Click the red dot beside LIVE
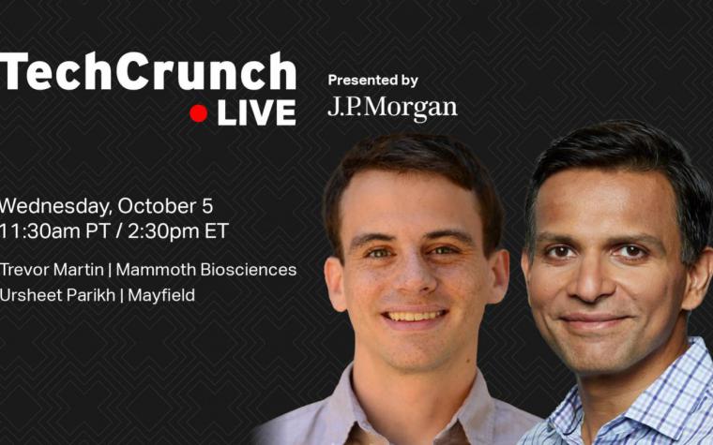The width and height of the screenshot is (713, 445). coord(198,113)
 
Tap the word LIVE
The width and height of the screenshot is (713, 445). coord(256,113)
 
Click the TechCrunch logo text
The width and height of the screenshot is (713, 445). coord(148,72)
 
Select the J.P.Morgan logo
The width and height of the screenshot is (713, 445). coord(392,108)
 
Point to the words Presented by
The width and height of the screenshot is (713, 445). coord(372,81)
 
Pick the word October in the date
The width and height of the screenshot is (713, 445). coord(158,206)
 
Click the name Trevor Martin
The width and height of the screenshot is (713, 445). coord(52,270)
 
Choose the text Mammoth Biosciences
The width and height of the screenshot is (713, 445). coord(206,270)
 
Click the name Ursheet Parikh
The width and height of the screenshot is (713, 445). coord(57,295)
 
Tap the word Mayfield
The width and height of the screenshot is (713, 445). coord(161,296)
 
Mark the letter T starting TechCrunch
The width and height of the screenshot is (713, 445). coord(13,71)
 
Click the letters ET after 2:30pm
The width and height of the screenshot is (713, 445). coord(217,231)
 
